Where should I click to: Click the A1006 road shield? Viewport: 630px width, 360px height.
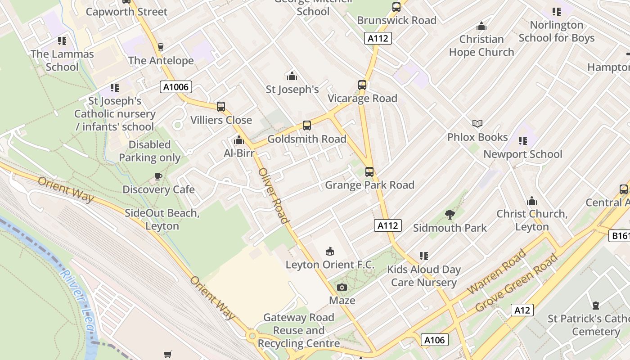(x=176, y=87)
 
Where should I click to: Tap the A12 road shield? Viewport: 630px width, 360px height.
(x=522, y=310)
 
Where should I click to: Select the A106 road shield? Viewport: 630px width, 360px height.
(x=435, y=340)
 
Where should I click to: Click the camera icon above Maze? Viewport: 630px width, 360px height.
(x=342, y=287)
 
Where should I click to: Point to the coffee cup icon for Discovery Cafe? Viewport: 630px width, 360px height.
(x=158, y=176)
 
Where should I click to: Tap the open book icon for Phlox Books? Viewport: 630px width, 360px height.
(x=477, y=123)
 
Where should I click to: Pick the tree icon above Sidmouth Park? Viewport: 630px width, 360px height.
(x=450, y=215)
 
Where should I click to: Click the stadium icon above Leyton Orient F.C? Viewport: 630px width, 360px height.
(x=330, y=251)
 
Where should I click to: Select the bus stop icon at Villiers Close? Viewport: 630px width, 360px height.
(x=221, y=107)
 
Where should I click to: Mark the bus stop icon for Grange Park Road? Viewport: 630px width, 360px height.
(x=369, y=171)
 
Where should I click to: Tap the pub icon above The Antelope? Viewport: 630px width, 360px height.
(x=161, y=47)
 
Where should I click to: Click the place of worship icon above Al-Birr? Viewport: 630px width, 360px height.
(x=239, y=140)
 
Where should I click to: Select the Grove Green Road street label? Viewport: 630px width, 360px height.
(x=517, y=283)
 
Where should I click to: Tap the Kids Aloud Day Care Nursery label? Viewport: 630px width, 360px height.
(x=424, y=276)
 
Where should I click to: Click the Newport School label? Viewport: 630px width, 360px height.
(x=522, y=154)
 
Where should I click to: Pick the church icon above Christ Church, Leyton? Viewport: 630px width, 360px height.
(x=532, y=201)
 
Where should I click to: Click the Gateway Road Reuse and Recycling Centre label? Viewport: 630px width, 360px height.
(x=299, y=330)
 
